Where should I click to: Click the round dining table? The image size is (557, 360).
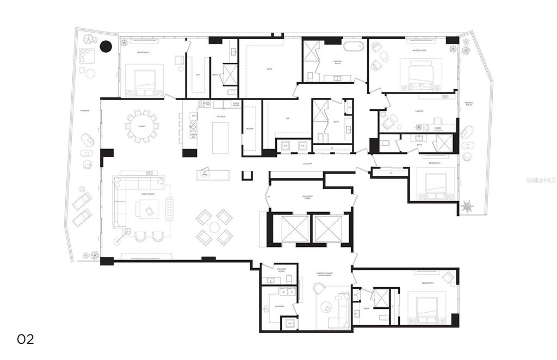(142, 127)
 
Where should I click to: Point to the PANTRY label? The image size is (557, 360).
(250, 129)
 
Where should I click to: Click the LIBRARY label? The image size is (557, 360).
(419, 111)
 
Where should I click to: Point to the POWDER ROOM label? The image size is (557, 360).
(281, 270)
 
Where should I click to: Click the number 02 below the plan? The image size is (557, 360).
(26, 339)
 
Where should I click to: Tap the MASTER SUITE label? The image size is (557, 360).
(419, 51)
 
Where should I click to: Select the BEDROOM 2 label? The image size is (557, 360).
(143, 52)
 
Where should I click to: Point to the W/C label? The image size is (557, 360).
(198, 75)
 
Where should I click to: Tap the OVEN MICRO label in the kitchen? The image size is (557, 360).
(236, 104)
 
